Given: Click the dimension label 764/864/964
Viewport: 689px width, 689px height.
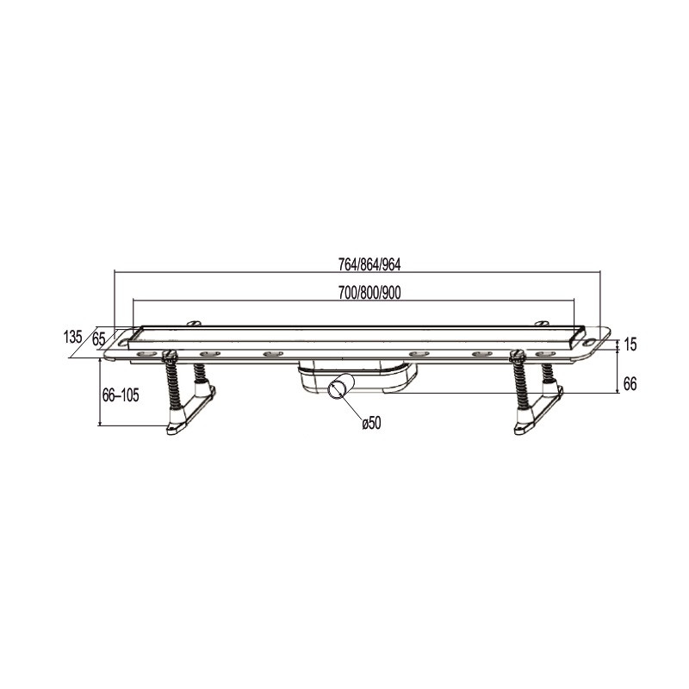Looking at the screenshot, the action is click(369, 264).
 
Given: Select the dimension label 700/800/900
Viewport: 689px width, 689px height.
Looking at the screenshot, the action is click(369, 293).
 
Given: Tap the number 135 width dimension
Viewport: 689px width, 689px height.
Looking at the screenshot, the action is click(73, 337).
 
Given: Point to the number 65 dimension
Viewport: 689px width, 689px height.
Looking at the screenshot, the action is click(99, 338).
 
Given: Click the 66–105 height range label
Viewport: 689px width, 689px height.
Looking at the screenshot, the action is click(121, 395).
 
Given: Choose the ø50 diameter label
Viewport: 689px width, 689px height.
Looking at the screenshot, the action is click(372, 423).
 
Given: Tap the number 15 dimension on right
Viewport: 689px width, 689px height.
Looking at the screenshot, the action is click(630, 344).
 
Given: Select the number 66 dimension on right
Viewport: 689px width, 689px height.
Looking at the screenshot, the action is click(630, 384).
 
